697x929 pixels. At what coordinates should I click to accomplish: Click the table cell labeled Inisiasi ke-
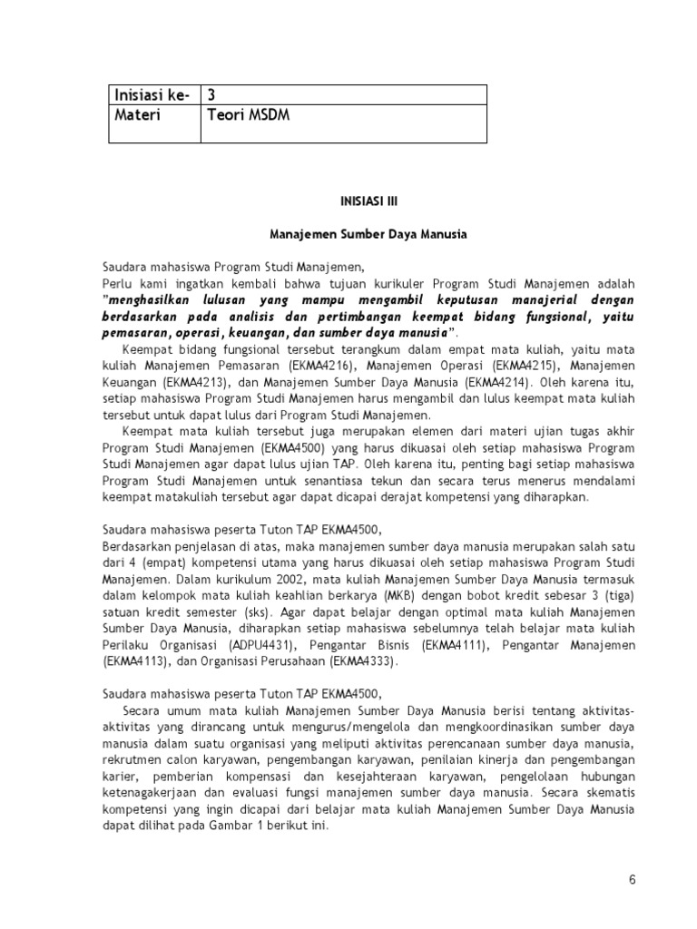tap(150, 95)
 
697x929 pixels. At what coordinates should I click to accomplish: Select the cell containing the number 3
tap(212, 95)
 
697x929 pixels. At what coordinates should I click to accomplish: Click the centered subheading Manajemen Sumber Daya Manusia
tap(368, 235)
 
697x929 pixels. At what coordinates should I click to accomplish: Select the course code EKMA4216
tap(314, 366)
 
